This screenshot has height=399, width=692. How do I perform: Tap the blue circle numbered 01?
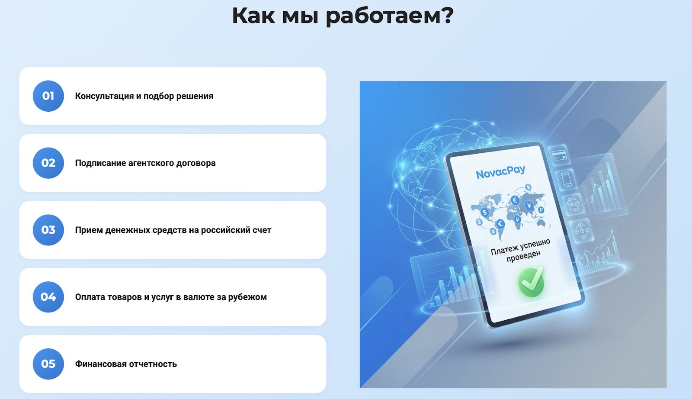point(48,96)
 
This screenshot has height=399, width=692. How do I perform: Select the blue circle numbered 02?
point(48,163)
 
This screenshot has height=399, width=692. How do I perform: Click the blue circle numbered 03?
point(48,230)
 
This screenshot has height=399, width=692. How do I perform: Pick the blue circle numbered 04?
point(48,297)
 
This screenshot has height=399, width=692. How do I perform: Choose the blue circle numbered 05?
point(48,364)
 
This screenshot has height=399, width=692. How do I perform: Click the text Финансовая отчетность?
point(126,364)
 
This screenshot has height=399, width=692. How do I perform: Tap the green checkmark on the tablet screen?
point(531,282)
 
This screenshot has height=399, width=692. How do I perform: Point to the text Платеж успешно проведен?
point(521,251)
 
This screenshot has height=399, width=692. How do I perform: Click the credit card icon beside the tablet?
point(560,154)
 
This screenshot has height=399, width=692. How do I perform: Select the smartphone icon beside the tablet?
point(566,179)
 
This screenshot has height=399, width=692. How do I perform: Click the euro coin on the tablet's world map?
point(515,200)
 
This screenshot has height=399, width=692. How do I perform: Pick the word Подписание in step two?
point(101,163)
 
